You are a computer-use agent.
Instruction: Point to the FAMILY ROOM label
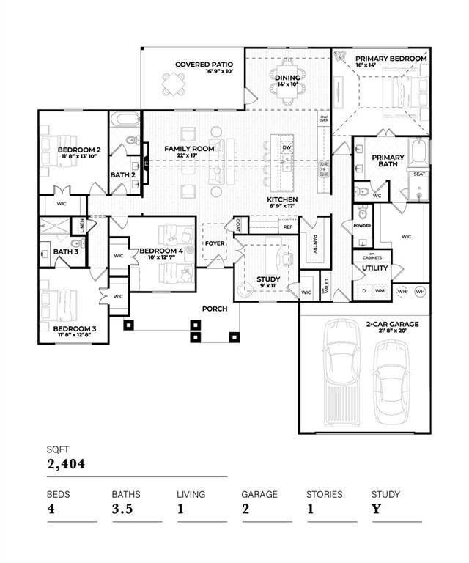coord(189,149)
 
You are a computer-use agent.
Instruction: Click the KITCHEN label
coord(281,199)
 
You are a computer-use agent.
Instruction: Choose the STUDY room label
coord(268,279)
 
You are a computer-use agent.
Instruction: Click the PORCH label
coord(215,309)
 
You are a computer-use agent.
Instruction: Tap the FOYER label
coord(215,243)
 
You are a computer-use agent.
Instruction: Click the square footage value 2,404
coord(66,463)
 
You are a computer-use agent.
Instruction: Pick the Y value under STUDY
coord(375,509)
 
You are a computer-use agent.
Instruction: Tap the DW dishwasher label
coord(287,147)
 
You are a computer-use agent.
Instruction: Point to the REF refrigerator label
coord(288,227)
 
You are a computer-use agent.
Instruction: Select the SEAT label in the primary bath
coord(419,174)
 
